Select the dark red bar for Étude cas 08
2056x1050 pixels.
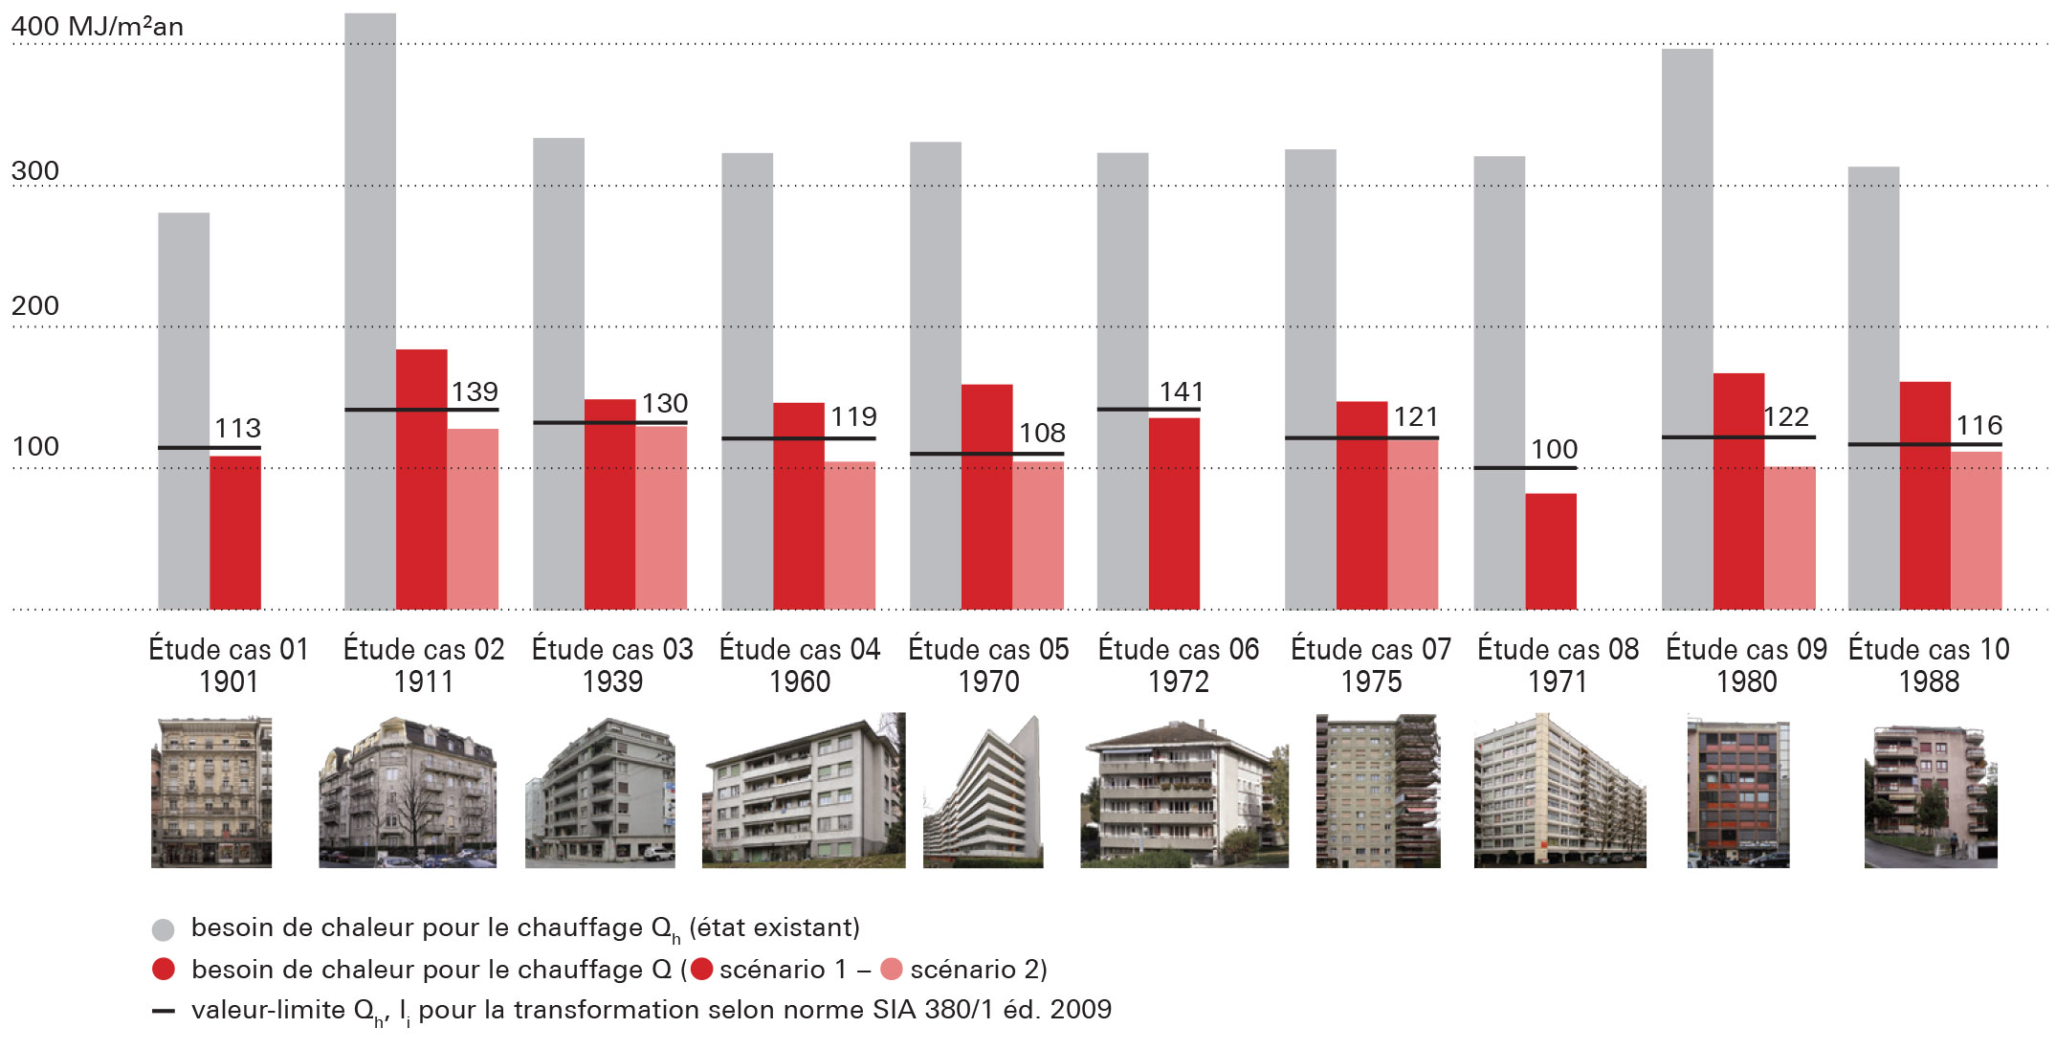click(x=1551, y=551)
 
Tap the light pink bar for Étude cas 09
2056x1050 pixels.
click(x=1790, y=538)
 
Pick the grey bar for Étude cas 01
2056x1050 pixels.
click(x=184, y=411)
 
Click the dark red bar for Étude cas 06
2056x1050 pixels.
click(x=1174, y=513)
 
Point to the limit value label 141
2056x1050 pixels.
click(x=1182, y=391)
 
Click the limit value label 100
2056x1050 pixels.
click(x=1554, y=449)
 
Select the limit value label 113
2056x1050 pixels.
click(x=237, y=428)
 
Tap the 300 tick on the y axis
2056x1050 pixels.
click(x=35, y=171)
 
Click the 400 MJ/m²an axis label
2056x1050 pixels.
click(x=98, y=26)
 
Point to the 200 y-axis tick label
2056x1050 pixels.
click(x=35, y=306)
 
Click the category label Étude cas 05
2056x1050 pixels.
click(x=988, y=649)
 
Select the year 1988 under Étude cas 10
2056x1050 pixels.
click(x=1929, y=681)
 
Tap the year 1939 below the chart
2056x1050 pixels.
click(x=612, y=681)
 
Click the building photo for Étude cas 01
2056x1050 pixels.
click(x=211, y=792)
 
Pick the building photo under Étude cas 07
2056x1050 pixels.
click(x=1377, y=791)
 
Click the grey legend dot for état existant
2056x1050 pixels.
click(x=164, y=928)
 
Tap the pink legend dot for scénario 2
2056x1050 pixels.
click(x=891, y=970)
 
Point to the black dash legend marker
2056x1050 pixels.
click(x=164, y=1011)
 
